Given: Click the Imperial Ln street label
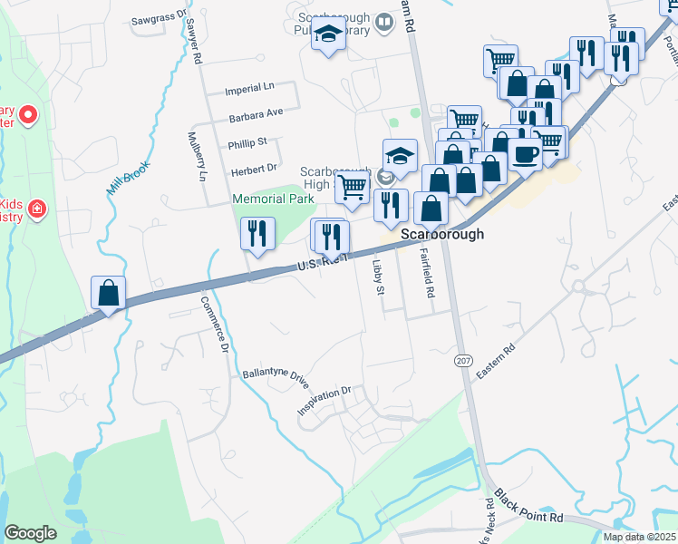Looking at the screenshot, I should [x=249, y=89].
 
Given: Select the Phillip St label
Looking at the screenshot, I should [x=247, y=143].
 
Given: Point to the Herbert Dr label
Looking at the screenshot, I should [x=254, y=169].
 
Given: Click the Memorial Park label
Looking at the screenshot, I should [x=273, y=199].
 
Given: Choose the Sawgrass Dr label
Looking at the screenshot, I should [x=158, y=17].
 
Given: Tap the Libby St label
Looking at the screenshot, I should [x=379, y=277].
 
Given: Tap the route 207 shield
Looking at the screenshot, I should [x=463, y=361].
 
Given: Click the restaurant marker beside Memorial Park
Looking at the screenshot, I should [x=258, y=235].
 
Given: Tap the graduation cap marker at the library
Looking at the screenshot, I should [x=328, y=36].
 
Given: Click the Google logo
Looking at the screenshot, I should [x=31, y=533].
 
